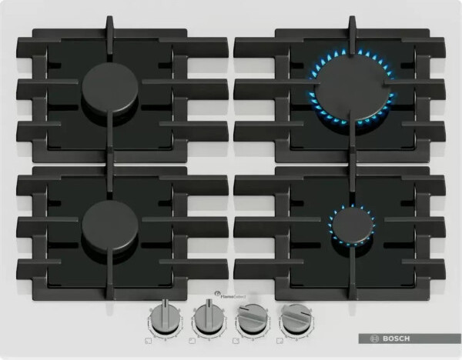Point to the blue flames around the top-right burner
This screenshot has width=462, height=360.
coord(318,74)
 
